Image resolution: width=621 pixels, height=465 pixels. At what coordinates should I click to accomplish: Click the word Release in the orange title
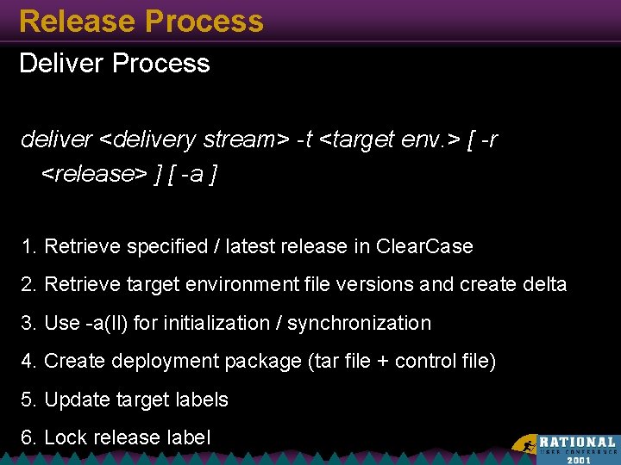click(x=70, y=22)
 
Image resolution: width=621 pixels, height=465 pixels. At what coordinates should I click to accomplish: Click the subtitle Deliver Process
click(x=115, y=64)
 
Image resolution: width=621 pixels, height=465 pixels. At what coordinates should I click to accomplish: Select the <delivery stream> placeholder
click(x=194, y=139)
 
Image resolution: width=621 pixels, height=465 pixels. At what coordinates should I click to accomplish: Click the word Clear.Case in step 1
click(x=424, y=247)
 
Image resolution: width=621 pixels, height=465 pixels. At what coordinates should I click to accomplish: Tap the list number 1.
click(x=28, y=247)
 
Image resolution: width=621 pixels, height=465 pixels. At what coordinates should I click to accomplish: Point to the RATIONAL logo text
click(x=577, y=441)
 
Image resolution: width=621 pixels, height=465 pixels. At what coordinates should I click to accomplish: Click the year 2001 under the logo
click(x=579, y=460)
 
